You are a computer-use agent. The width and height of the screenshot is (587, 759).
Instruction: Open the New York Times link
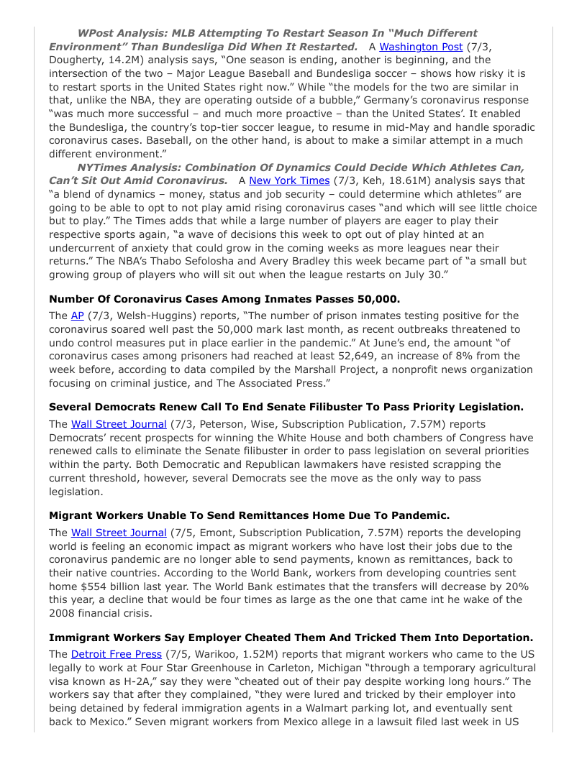[x=288, y=180]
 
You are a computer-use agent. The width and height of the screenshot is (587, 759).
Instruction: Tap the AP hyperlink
[x=78, y=316]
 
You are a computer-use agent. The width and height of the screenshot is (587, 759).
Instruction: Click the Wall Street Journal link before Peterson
[x=119, y=424]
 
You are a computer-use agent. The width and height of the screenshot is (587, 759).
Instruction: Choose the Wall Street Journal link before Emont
[x=119, y=533]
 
